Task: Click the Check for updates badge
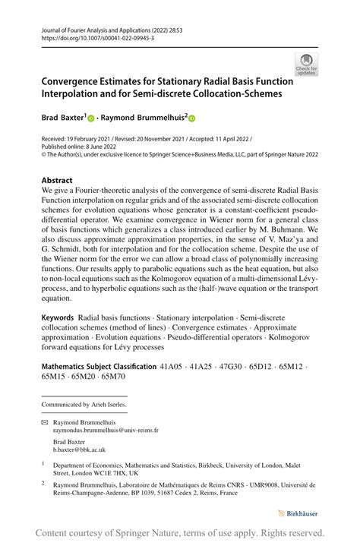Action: [x=307, y=65]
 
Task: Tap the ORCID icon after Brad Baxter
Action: [x=91, y=118]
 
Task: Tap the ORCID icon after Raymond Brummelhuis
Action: [x=192, y=118]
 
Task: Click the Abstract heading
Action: [x=58, y=181]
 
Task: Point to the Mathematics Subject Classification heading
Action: [x=98, y=366]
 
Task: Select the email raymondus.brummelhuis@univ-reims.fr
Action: [x=106, y=430]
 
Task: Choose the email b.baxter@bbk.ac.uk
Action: [x=81, y=450]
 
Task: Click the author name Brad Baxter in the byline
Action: [x=63, y=118]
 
